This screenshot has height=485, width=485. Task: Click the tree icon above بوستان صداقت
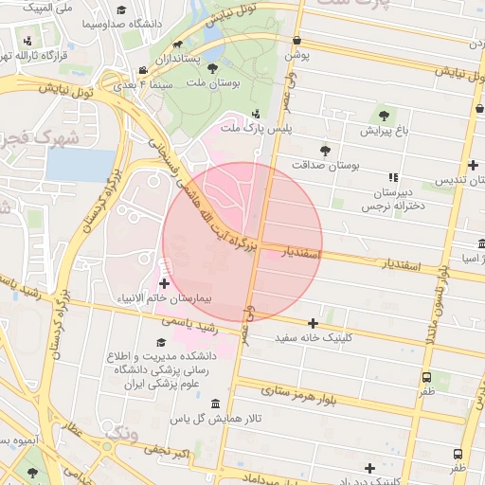pos(326,151)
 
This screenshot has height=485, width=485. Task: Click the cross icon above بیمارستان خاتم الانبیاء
pos(165,282)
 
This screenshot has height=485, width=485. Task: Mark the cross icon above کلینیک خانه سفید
pos(313,323)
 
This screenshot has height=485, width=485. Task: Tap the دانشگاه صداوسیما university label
pos(122,23)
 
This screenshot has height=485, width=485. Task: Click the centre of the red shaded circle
pos(242,242)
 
